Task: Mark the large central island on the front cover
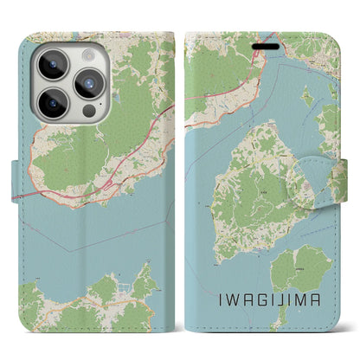[x=251, y=190]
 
